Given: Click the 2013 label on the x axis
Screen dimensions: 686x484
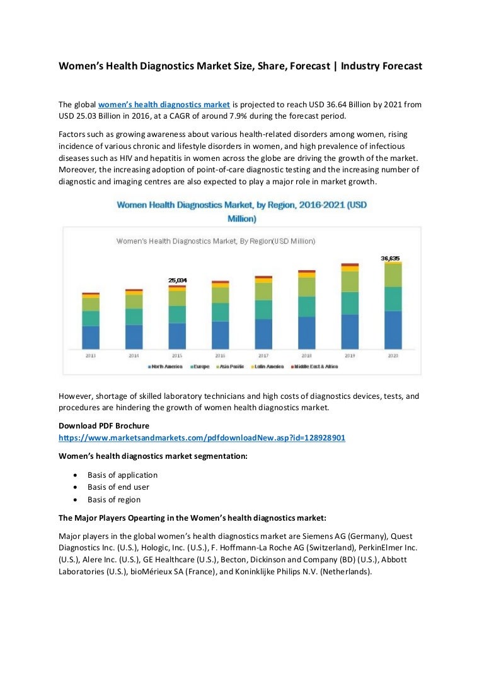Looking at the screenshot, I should (x=91, y=356).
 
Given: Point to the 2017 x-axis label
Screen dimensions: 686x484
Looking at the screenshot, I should (x=263, y=356).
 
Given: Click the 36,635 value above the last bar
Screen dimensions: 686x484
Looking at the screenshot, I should (x=391, y=258).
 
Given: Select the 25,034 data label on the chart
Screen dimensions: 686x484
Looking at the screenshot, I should (x=177, y=280).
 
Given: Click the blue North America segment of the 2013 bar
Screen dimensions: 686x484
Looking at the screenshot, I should (x=91, y=337).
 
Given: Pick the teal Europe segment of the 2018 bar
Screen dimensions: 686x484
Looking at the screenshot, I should (x=306, y=306).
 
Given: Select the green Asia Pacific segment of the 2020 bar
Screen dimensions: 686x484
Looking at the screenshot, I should (x=393, y=276).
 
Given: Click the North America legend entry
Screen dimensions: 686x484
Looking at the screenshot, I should (x=165, y=367).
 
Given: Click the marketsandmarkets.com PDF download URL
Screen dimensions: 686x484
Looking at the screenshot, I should (x=202, y=437).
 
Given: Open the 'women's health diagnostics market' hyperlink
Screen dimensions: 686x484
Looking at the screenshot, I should (x=170, y=105).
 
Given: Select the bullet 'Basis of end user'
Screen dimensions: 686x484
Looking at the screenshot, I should (x=118, y=487).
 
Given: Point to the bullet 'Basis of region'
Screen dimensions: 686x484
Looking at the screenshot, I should (x=114, y=500).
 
